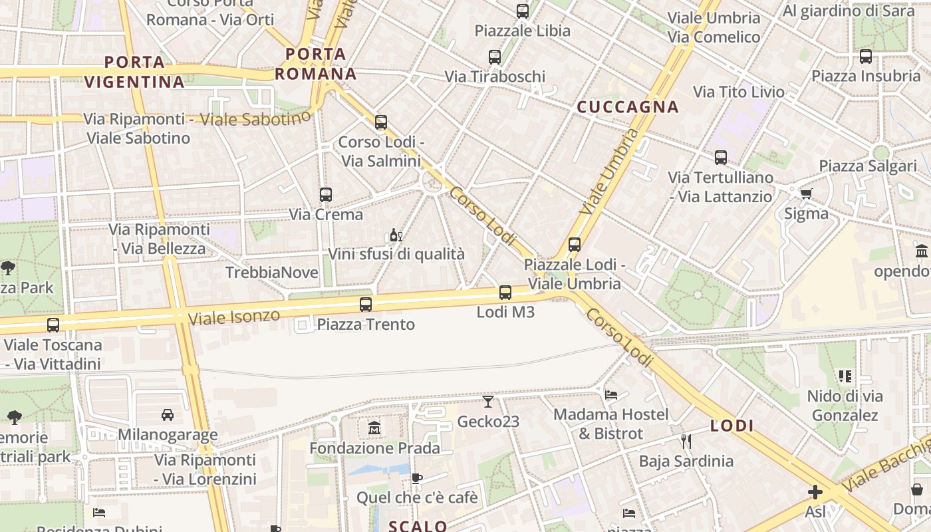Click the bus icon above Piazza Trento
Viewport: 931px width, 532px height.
(x=366, y=305)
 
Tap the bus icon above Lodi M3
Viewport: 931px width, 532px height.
(x=505, y=292)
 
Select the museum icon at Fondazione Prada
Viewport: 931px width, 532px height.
(x=374, y=428)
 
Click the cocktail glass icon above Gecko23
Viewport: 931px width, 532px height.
(x=488, y=401)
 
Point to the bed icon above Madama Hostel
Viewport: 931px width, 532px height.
(x=611, y=394)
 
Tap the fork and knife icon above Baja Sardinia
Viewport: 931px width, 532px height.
(x=686, y=441)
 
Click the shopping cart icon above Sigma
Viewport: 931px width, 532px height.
(x=806, y=194)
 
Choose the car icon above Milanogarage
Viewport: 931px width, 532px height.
(x=168, y=414)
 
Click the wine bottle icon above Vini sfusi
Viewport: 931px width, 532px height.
(x=396, y=235)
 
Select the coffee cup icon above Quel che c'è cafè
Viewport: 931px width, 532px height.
(x=417, y=477)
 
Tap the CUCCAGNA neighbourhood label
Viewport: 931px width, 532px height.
(x=627, y=106)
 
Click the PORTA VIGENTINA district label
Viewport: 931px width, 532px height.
(x=134, y=72)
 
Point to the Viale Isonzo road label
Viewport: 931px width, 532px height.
(x=233, y=316)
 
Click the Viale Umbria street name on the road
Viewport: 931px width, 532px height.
(x=608, y=172)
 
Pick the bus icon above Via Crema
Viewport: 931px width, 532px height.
(x=326, y=195)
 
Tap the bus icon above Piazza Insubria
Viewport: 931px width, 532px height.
(x=865, y=57)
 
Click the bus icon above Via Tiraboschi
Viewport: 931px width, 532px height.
(x=495, y=57)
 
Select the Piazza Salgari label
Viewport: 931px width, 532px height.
(x=867, y=166)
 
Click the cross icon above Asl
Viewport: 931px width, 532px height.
(x=815, y=492)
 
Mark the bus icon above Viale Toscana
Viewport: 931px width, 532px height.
(x=53, y=325)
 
